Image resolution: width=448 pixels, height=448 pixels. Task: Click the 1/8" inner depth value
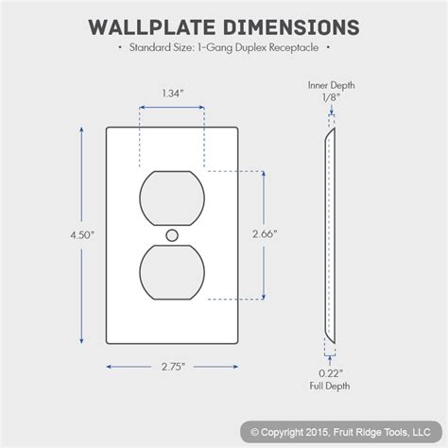pos(329,96)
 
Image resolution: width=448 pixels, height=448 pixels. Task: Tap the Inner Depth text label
pos(329,84)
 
